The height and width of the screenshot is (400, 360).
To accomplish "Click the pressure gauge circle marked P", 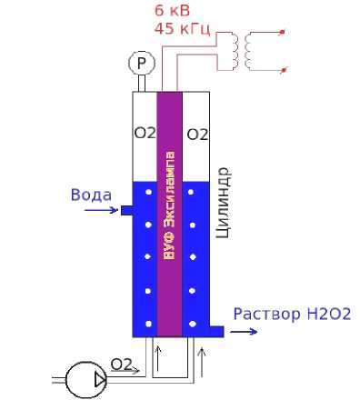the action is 142,63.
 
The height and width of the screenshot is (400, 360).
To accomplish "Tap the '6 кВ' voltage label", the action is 172,11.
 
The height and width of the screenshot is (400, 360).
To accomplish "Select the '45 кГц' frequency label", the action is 182,28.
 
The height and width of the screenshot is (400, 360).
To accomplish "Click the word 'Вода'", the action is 91,195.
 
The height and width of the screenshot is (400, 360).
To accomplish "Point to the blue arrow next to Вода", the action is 101,210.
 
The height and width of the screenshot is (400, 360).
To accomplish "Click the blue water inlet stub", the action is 126,210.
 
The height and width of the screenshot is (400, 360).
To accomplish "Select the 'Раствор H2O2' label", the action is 292,314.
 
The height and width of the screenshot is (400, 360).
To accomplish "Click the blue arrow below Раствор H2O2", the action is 244,332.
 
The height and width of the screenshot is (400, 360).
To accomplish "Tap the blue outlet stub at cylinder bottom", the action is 216,332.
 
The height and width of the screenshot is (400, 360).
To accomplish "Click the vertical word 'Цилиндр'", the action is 224,203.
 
